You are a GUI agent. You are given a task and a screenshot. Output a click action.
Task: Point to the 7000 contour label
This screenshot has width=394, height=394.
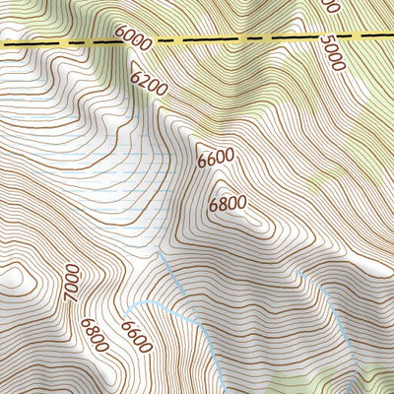[x=70, y=285]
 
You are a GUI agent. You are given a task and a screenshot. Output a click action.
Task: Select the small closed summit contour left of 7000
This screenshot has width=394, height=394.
[x=15, y=281]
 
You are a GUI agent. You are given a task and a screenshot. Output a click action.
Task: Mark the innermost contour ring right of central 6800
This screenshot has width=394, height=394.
[x=258, y=223]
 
